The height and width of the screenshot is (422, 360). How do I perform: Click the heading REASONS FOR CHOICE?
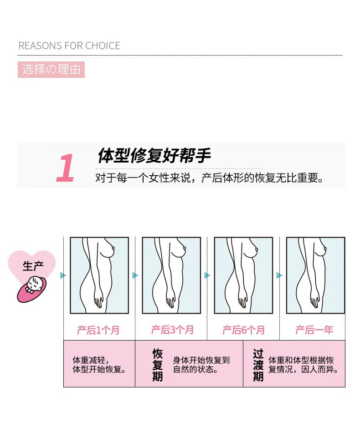tap(69, 46)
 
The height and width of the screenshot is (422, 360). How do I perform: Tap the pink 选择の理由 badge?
tap(51, 70)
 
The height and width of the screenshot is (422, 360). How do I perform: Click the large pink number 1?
tap(65, 168)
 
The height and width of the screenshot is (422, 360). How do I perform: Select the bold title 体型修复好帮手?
tap(154, 155)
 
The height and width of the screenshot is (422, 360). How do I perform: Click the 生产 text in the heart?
tap(33, 266)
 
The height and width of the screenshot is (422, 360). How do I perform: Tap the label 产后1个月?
tap(98, 330)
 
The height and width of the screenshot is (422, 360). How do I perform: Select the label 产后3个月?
tap(172, 330)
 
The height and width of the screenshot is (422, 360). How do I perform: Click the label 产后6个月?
tap(244, 330)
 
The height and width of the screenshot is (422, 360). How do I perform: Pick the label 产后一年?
tap(314, 330)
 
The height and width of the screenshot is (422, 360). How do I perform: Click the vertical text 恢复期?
tap(158, 365)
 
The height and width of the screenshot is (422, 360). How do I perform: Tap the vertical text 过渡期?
tap(258, 365)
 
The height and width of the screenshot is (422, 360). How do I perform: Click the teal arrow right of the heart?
tap(63, 275)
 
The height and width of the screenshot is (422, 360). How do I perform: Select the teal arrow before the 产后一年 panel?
tap(279, 275)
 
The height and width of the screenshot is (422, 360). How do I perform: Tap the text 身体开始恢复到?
tap(201, 360)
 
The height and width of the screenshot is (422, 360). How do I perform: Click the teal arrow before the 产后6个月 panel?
tap(207, 275)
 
